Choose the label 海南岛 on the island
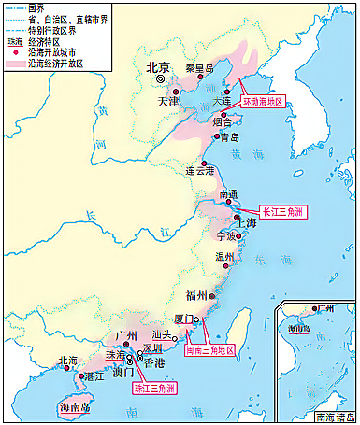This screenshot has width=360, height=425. tap(77, 408)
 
